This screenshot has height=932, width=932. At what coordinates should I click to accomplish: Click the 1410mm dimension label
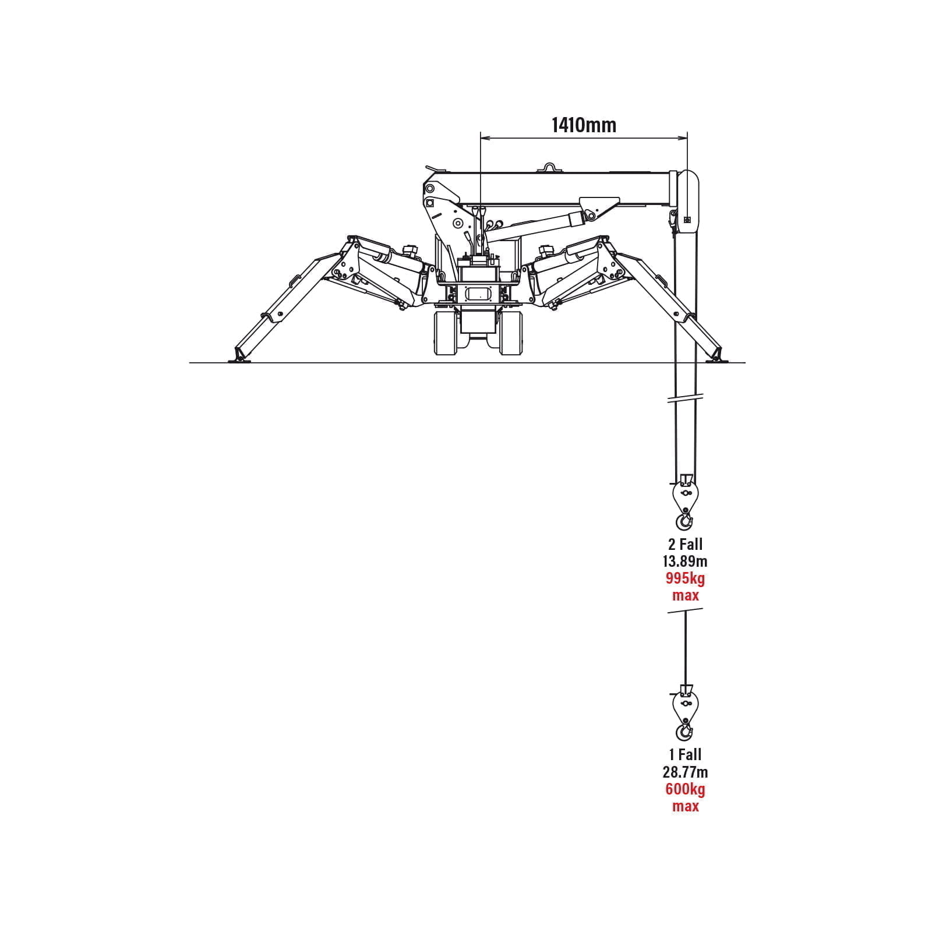[x=584, y=125]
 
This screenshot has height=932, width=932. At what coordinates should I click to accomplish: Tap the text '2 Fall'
[x=685, y=545]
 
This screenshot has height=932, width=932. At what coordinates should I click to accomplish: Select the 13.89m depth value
[x=685, y=562]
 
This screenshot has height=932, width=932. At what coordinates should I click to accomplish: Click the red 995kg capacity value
[x=685, y=578]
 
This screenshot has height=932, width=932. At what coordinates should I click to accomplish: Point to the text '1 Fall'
[x=685, y=755]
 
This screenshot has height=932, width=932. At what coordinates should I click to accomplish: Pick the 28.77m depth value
[x=685, y=772]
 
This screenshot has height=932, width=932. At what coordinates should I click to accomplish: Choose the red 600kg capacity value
[x=685, y=790]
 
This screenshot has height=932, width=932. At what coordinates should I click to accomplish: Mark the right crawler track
[x=510, y=333]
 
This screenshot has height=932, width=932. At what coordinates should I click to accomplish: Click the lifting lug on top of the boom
[x=549, y=168]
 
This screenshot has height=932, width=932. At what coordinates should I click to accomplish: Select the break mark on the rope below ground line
[x=686, y=399]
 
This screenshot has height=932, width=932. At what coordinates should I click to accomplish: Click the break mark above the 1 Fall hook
[x=686, y=610]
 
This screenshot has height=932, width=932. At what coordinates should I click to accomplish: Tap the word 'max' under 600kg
[x=685, y=807]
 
